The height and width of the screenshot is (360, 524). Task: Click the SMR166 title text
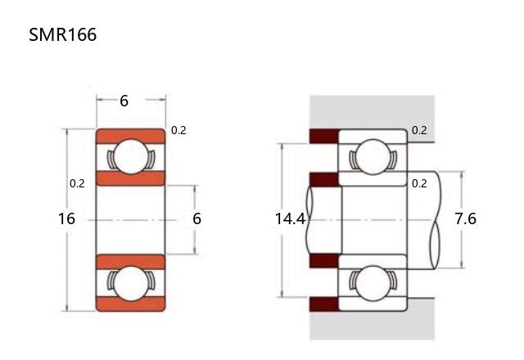click(62, 34)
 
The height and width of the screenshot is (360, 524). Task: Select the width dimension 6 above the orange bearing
click(124, 101)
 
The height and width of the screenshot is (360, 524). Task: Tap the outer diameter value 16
click(66, 218)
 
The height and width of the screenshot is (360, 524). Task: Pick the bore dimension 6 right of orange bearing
click(196, 218)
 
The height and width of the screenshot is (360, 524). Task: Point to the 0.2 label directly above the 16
click(77, 183)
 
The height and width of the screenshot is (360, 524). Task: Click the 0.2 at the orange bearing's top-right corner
click(178, 130)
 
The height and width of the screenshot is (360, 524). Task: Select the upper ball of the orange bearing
click(131, 156)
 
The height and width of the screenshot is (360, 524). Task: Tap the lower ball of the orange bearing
click(131, 283)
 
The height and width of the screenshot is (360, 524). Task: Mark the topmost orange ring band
click(131, 137)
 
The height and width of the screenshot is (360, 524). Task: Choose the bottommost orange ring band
click(131, 304)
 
